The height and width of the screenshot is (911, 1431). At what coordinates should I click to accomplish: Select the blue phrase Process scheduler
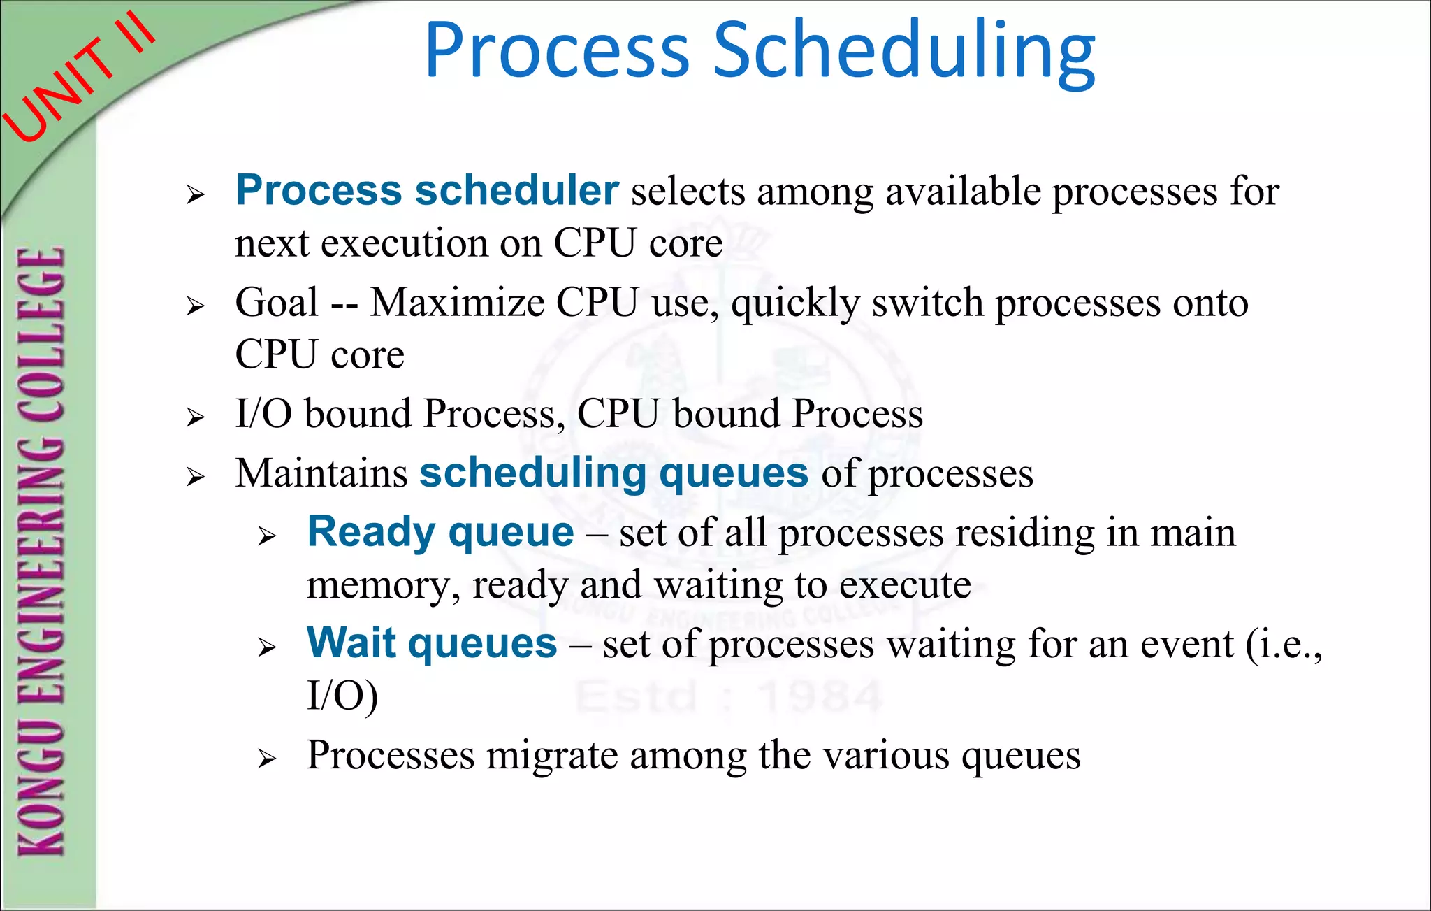pyautogui.click(x=427, y=190)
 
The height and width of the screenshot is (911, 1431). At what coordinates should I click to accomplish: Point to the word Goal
pyautogui.click(x=277, y=303)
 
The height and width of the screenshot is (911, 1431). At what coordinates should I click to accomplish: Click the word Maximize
pyautogui.click(x=457, y=303)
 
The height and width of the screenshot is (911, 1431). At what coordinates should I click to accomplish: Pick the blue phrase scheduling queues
pyautogui.click(x=613, y=473)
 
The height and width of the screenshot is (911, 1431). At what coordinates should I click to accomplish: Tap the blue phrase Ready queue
pyautogui.click(x=440, y=532)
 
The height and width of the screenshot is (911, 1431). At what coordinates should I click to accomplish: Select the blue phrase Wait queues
pyautogui.click(x=432, y=643)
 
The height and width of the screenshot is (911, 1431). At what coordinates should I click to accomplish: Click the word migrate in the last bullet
pyautogui.click(x=552, y=756)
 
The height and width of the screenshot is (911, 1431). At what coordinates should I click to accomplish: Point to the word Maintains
pyautogui.click(x=321, y=473)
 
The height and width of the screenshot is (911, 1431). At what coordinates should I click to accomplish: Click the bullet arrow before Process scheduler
pyautogui.click(x=196, y=195)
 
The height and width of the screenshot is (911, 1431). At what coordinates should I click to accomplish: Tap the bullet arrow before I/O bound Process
pyautogui.click(x=196, y=418)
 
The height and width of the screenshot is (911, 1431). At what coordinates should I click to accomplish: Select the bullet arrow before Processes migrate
pyautogui.click(x=267, y=759)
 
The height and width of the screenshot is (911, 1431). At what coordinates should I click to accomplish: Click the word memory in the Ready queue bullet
pyautogui.click(x=382, y=586)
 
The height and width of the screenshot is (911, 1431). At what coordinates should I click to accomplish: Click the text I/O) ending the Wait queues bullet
pyautogui.click(x=342, y=696)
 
